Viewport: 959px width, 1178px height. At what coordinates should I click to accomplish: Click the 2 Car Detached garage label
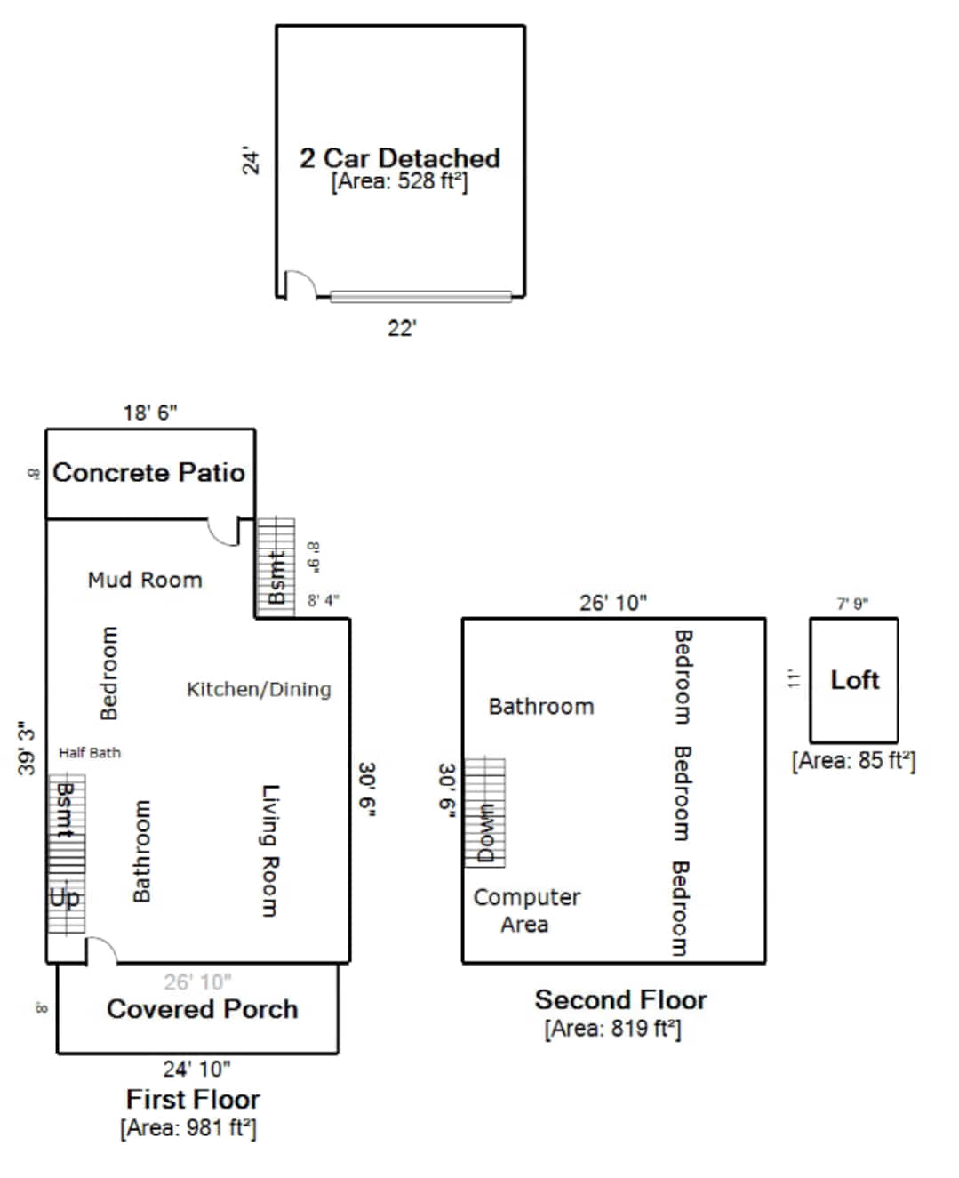(x=400, y=159)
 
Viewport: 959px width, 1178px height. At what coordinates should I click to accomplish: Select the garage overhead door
(x=420, y=297)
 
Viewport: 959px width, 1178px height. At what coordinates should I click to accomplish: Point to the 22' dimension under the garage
(x=402, y=329)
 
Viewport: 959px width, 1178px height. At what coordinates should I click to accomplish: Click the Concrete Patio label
(x=148, y=473)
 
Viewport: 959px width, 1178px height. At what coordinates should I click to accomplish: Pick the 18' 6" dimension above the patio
(x=150, y=413)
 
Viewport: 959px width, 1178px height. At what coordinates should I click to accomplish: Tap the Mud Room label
(x=145, y=581)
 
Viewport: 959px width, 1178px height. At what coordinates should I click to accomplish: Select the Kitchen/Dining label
(x=259, y=690)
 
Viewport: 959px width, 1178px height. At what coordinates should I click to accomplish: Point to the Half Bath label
(x=90, y=753)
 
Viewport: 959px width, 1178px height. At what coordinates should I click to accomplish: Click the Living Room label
(x=270, y=851)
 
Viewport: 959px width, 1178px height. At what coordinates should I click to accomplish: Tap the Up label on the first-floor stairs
(x=65, y=898)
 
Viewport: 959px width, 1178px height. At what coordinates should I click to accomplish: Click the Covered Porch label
(x=203, y=1009)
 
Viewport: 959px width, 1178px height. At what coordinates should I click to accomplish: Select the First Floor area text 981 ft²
(x=188, y=1128)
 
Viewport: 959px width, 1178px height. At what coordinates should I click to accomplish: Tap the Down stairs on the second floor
(x=484, y=813)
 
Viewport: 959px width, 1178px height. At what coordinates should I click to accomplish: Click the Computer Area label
(x=527, y=911)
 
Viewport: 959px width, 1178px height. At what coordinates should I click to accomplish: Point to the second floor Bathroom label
(x=541, y=707)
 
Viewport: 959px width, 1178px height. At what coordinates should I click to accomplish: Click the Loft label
(x=854, y=680)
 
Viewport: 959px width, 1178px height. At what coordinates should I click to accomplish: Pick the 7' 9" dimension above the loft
(x=852, y=604)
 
